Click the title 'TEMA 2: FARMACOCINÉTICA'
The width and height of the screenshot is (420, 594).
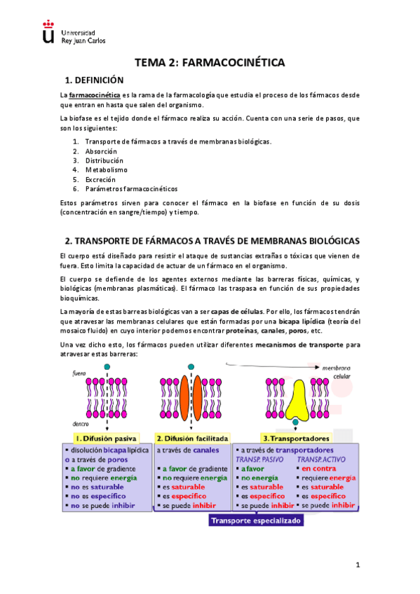(210, 63)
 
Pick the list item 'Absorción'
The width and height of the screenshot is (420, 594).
(101, 151)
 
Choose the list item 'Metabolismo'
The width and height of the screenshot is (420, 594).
(106, 170)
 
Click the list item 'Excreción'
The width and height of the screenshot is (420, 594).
(102, 179)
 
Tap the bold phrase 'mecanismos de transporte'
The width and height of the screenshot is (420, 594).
(295, 345)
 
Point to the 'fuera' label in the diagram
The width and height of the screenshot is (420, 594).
(79, 374)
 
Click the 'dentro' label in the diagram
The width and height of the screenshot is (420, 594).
(80, 424)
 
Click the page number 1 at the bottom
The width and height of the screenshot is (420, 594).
(357, 565)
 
